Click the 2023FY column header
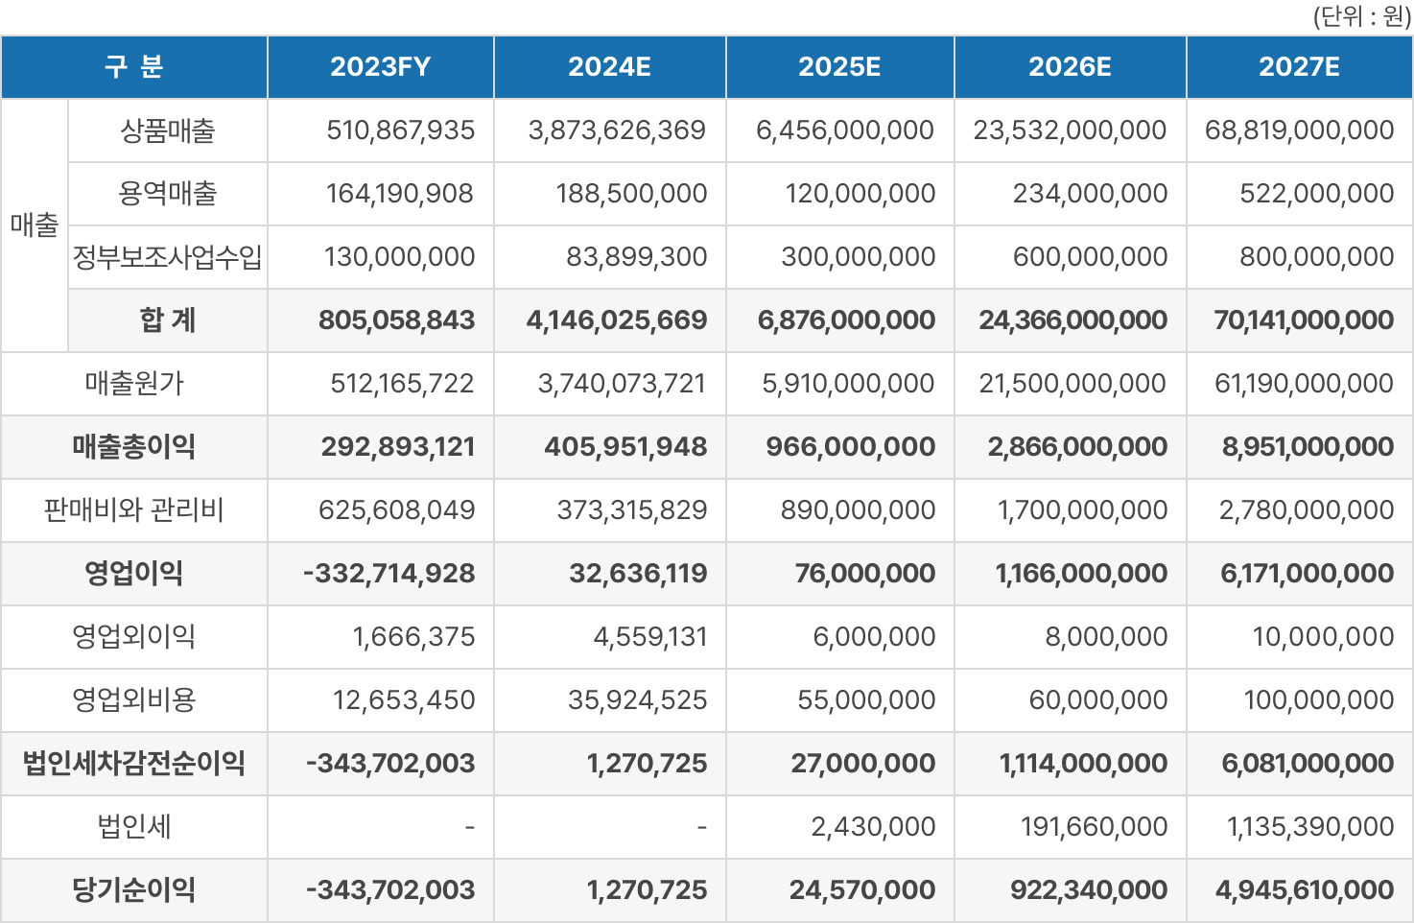(x=380, y=67)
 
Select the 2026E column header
(x=1070, y=67)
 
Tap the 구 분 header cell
(x=134, y=67)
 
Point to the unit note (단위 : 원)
(x=1361, y=17)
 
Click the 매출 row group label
(x=35, y=225)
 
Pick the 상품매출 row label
(x=167, y=130)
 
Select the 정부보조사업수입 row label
(x=167, y=257)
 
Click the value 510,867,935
(x=400, y=130)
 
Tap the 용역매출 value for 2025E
(x=860, y=194)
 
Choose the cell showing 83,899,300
(x=636, y=257)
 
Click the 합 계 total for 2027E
(x=1303, y=320)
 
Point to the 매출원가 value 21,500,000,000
(x=1072, y=384)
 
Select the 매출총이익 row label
(x=134, y=447)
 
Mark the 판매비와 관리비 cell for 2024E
(x=631, y=510)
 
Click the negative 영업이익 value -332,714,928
(x=389, y=574)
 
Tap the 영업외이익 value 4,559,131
(x=649, y=637)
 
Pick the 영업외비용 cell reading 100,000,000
(x=1318, y=700)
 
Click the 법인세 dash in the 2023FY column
(x=469, y=827)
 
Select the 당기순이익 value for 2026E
(x=1088, y=890)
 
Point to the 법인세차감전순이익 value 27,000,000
(x=862, y=764)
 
